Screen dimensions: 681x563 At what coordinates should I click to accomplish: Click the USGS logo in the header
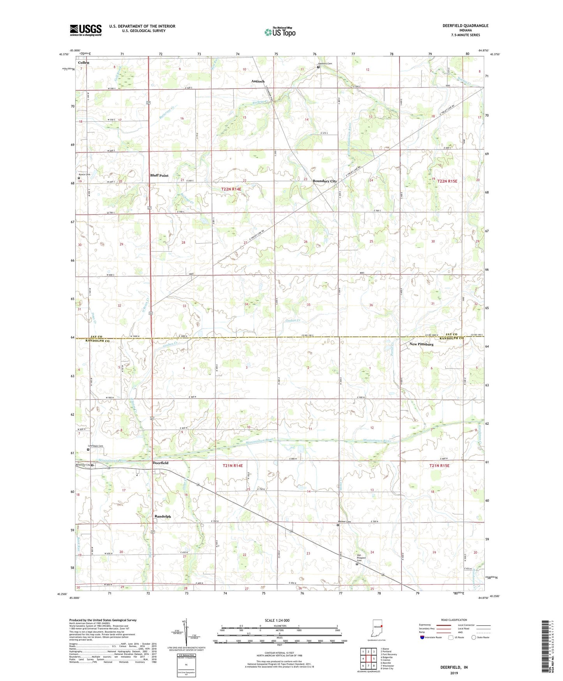click(x=86, y=30)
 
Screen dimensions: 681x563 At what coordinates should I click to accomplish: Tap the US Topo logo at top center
click(x=279, y=32)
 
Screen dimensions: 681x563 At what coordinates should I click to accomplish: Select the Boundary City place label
click(x=325, y=181)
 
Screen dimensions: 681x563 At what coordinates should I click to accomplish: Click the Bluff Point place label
click(x=159, y=176)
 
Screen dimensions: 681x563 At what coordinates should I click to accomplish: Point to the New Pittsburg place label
click(x=421, y=344)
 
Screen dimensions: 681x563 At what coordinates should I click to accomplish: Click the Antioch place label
click(x=258, y=81)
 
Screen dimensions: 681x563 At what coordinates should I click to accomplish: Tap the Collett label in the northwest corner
click(x=84, y=62)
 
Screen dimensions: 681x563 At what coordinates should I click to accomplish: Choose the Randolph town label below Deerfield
click(x=162, y=516)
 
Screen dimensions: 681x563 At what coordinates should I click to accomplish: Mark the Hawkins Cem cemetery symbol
click(x=318, y=67)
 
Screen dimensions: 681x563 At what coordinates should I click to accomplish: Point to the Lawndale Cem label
click(x=95, y=446)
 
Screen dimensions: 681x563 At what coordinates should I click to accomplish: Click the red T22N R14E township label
click(x=231, y=189)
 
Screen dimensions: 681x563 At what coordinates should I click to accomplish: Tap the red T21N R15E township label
click(x=439, y=466)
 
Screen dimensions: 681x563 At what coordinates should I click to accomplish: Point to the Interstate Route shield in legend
click(x=422, y=637)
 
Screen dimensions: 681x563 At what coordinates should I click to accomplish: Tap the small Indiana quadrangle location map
click(x=377, y=628)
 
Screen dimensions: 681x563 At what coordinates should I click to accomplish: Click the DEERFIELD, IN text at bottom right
click(x=454, y=667)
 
